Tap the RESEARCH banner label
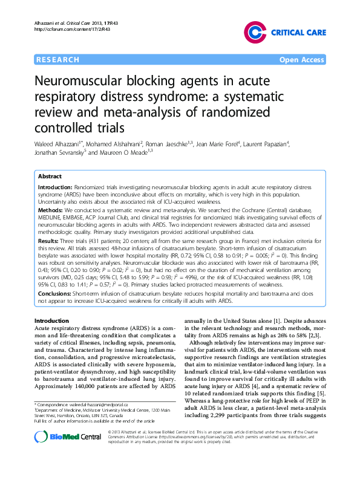[58, 60]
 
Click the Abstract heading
[50, 177]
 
